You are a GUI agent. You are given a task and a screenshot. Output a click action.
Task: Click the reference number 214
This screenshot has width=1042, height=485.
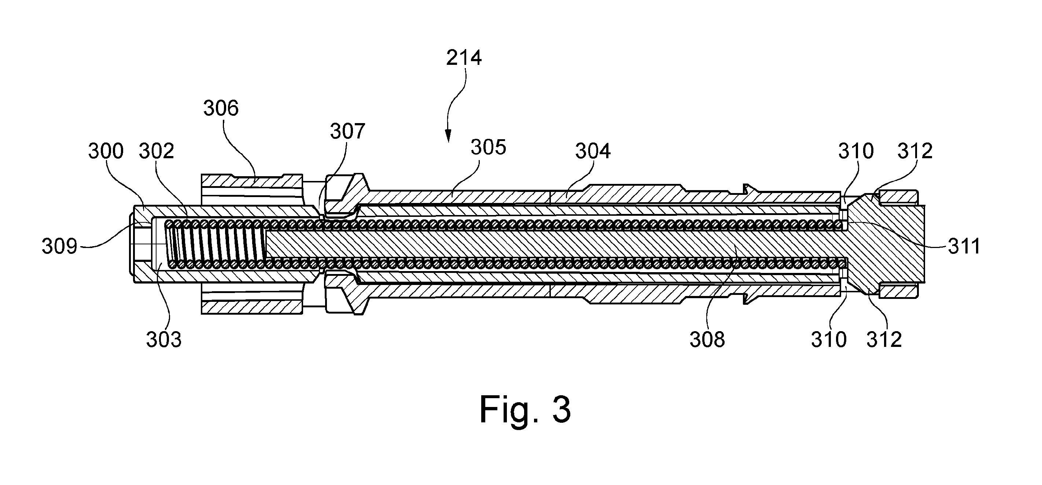[464, 58]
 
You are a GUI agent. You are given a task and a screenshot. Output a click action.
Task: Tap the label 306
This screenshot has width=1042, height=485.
[221, 108]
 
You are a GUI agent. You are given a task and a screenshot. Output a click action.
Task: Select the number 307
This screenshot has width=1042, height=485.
[347, 132]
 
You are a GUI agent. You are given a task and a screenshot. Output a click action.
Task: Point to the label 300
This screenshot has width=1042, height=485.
[106, 151]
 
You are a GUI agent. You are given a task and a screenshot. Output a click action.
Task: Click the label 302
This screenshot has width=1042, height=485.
[157, 151]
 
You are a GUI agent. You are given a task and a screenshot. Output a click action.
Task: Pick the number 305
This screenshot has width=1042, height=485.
[488, 148]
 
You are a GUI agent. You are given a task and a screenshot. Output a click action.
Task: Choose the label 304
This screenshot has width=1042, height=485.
[593, 151]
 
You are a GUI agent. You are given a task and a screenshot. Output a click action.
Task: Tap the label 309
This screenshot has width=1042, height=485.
[59, 246]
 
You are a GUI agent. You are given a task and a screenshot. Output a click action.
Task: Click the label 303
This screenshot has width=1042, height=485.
[164, 340]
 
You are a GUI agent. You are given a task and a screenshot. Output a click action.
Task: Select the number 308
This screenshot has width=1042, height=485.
[707, 340]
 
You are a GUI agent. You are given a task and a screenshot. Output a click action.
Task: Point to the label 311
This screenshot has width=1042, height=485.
[964, 246]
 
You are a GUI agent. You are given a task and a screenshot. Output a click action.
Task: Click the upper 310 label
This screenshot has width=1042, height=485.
[856, 151]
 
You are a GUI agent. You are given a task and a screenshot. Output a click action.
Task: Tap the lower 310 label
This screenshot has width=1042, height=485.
[829, 340]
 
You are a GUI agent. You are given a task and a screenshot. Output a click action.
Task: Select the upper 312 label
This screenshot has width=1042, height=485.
[915, 151]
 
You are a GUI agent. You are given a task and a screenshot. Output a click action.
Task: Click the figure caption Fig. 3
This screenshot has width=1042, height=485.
[525, 410]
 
